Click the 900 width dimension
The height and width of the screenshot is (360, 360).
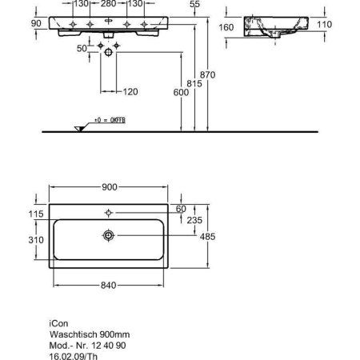click(110, 186)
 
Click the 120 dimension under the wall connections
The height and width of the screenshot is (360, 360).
click(131, 92)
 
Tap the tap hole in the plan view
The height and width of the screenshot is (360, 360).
click(110, 213)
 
